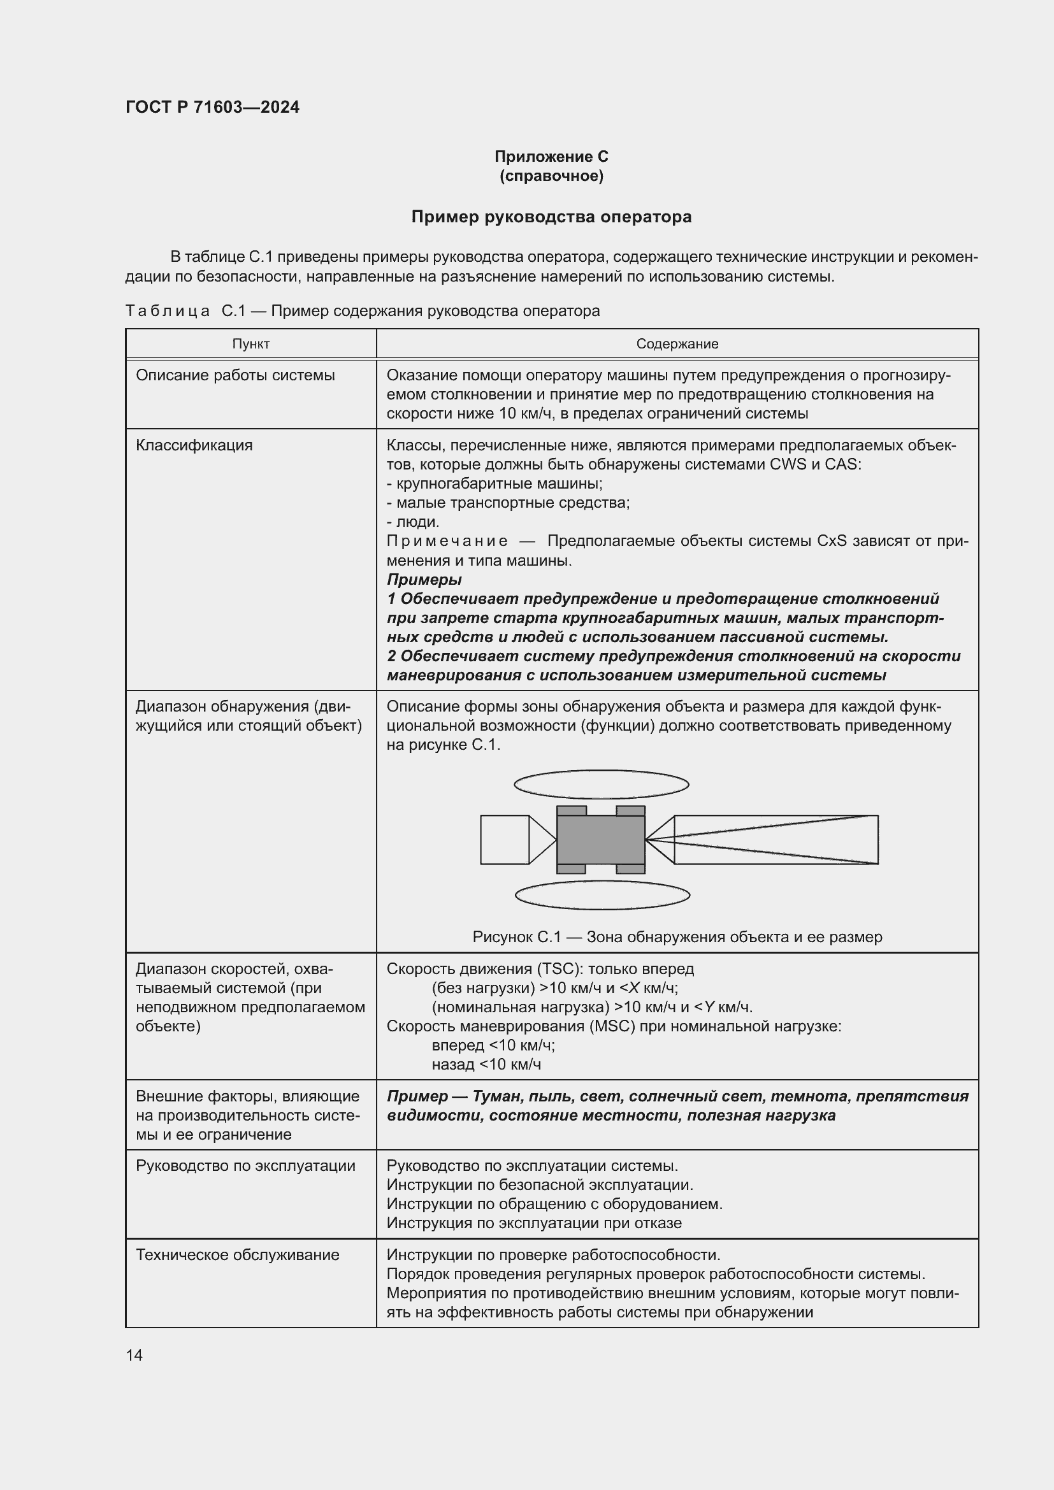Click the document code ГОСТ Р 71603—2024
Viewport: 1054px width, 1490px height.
(x=212, y=107)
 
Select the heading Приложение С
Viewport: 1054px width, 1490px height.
(x=551, y=157)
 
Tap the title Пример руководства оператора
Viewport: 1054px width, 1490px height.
(x=551, y=217)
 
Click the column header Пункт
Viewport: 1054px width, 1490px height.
(x=250, y=344)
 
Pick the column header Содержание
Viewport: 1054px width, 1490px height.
(x=677, y=344)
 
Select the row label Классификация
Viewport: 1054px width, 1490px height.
(x=194, y=445)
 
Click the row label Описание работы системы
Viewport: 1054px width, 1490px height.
(x=235, y=375)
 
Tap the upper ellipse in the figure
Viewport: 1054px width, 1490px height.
(x=601, y=785)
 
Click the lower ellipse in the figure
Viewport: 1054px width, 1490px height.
(x=602, y=896)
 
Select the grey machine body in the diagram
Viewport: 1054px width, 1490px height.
(x=600, y=840)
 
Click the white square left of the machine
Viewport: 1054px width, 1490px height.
(x=504, y=840)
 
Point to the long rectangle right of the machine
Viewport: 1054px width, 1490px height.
(x=776, y=840)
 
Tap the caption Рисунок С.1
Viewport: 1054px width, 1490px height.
(x=677, y=937)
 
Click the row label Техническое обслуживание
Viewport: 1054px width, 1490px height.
(x=238, y=1254)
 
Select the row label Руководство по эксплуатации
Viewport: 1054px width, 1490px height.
(x=245, y=1166)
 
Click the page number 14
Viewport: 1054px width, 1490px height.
(x=134, y=1355)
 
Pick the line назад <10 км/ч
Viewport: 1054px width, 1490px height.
(x=486, y=1064)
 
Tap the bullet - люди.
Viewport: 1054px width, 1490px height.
(x=413, y=522)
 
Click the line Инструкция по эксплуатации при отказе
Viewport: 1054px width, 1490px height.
(x=534, y=1223)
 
